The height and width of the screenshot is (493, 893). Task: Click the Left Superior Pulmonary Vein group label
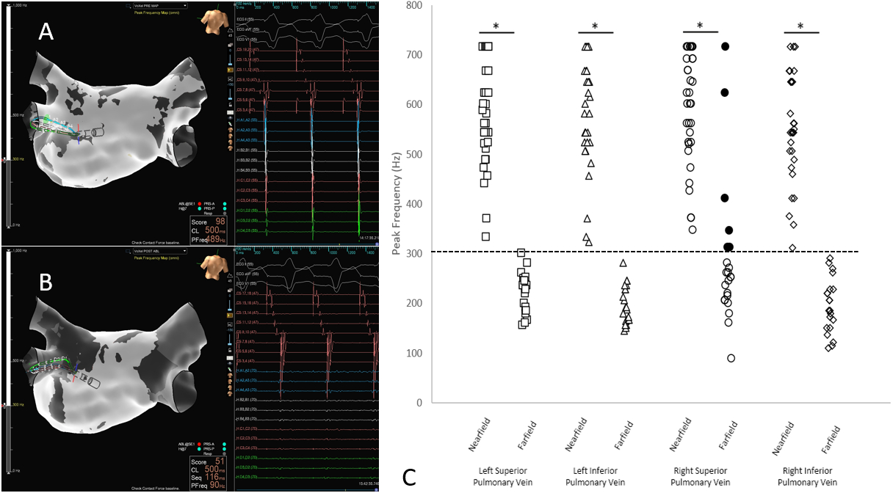pos(496,476)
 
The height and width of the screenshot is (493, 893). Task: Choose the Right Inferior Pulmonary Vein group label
pos(802,476)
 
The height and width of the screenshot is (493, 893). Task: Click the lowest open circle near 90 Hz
pos(731,358)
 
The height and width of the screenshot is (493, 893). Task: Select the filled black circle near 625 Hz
pos(725,92)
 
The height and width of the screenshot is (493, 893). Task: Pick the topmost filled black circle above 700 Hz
pos(725,46)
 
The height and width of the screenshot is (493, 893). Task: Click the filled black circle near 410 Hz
pos(725,198)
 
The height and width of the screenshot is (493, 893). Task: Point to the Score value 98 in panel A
pos(218,221)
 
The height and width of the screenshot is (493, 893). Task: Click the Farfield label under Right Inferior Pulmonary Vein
pos(834,436)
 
